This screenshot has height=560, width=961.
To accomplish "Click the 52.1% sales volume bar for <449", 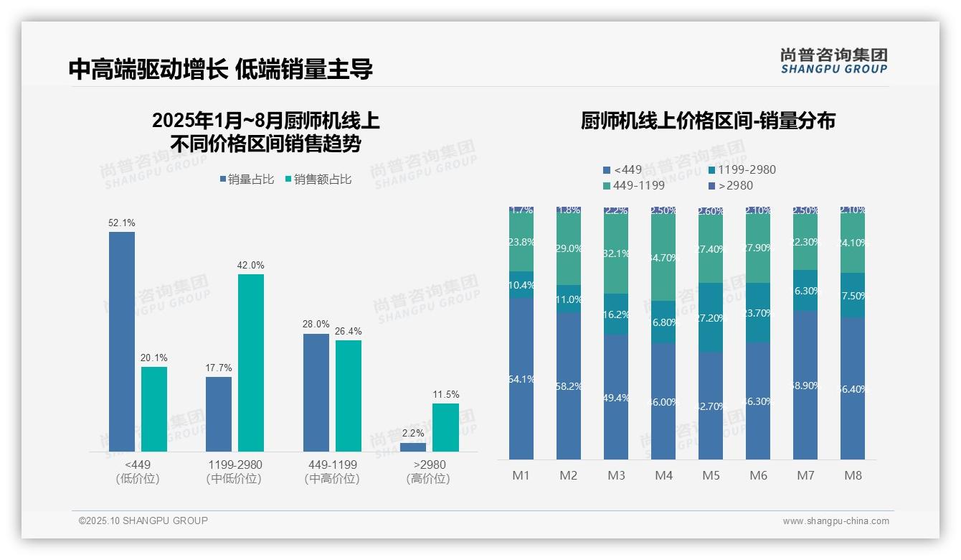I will pyautogui.click(x=122, y=341).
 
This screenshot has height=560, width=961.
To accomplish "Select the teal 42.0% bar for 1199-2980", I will pyautogui.click(x=251, y=363).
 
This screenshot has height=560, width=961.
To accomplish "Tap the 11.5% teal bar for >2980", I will pyautogui.click(x=445, y=427).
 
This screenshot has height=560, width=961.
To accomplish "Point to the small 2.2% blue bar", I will pyautogui.click(x=413, y=447).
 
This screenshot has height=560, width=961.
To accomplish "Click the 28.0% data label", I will pyautogui.click(x=316, y=325).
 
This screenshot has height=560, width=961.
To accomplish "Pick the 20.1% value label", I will pyautogui.click(x=154, y=358).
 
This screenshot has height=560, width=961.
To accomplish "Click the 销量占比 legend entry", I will pyautogui.click(x=247, y=179).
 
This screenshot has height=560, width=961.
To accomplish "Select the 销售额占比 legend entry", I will pyautogui.click(x=318, y=179).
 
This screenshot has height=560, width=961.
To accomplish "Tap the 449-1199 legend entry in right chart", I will pyautogui.click(x=634, y=185).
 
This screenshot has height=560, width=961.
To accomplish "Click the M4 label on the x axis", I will pyautogui.click(x=664, y=475).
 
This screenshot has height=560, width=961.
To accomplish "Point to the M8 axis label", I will pyautogui.click(x=853, y=475).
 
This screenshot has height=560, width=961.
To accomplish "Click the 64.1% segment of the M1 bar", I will pyautogui.click(x=521, y=378).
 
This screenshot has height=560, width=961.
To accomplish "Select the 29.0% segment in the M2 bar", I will pyautogui.click(x=569, y=248).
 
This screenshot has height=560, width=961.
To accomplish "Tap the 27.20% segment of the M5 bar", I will pyautogui.click(x=711, y=317).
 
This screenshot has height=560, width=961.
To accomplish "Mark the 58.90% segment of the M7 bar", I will pyautogui.click(x=805, y=385).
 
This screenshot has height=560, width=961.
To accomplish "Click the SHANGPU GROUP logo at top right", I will pyautogui.click(x=834, y=61).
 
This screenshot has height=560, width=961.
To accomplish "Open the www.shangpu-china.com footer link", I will pyautogui.click(x=835, y=521).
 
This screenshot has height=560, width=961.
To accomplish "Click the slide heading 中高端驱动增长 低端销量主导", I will pyautogui.click(x=221, y=69).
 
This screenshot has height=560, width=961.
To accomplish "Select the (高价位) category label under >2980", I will pyautogui.click(x=428, y=479).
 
